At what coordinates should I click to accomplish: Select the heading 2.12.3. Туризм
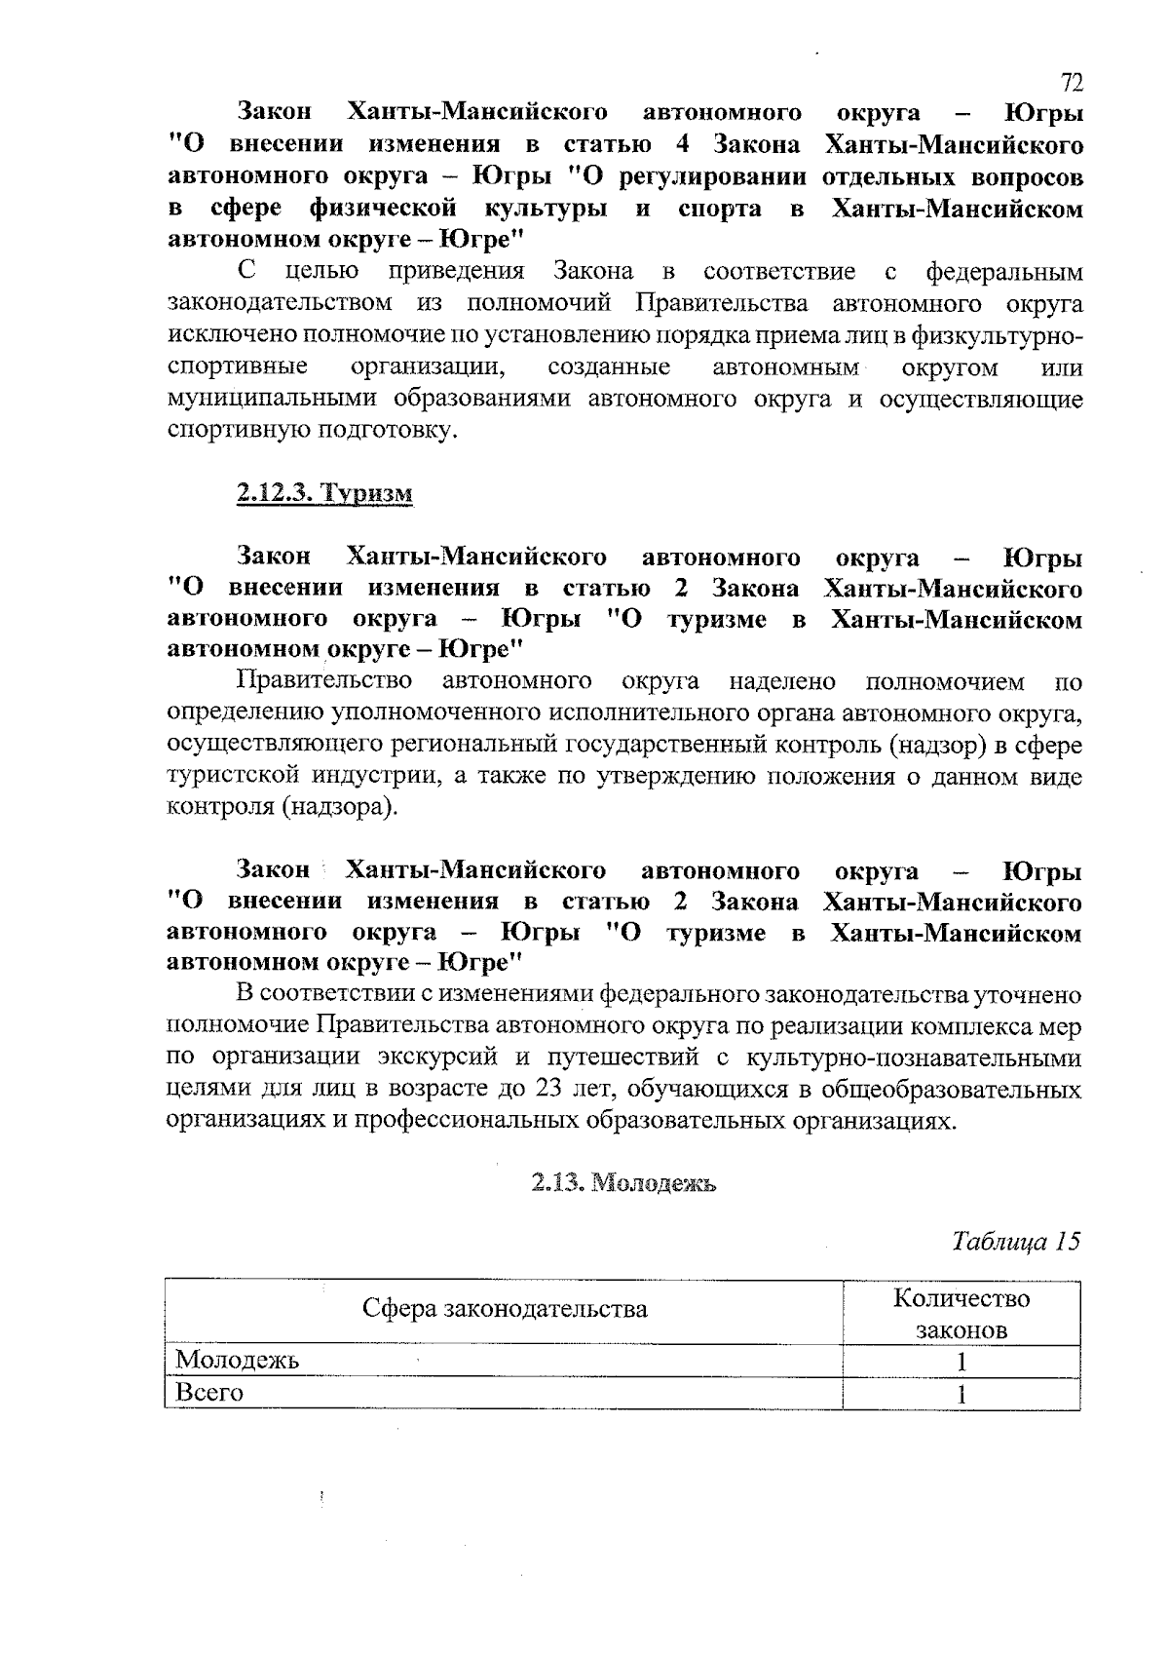pyautogui.click(x=325, y=493)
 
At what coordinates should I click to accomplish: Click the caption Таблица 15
pyautogui.click(x=1016, y=1242)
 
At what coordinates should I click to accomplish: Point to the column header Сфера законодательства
pyautogui.click(x=505, y=1309)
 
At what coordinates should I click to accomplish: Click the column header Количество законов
pyautogui.click(x=961, y=1314)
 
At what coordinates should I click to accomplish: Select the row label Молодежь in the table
pyautogui.click(x=237, y=1360)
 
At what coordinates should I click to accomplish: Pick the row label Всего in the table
pyautogui.click(x=208, y=1393)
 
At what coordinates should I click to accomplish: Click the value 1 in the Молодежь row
pyautogui.click(x=961, y=1362)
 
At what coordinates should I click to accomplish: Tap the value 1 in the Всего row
pyautogui.click(x=961, y=1395)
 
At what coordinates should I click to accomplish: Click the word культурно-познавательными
pyautogui.click(x=913, y=1058)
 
